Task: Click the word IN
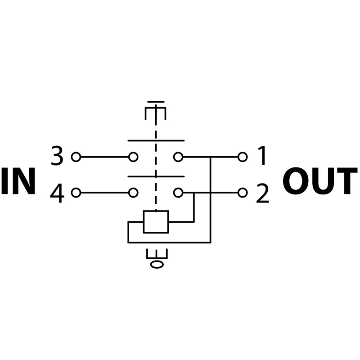(x=18, y=182)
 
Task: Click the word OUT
(x=319, y=182)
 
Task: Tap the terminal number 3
(x=57, y=157)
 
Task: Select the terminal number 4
(x=57, y=193)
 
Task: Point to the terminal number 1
(x=262, y=157)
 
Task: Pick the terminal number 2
(x=262, y=193)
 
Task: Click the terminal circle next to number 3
(x=76, y=157)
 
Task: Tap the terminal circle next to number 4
(x=76, y=193)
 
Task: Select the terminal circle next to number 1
(x=243, y=157)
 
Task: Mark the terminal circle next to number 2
(x=243, y=193)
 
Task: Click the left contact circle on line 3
(x=133, y=157)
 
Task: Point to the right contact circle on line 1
(x=178, y=157)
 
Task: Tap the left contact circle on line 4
(x=133, y=193)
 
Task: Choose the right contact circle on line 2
(x=178, y=193)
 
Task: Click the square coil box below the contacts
(x=156, y=221)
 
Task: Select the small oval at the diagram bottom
(x=157, y=264)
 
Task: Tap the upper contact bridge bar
(x=156, y=140)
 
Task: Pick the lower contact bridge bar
(x=156, y=176)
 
